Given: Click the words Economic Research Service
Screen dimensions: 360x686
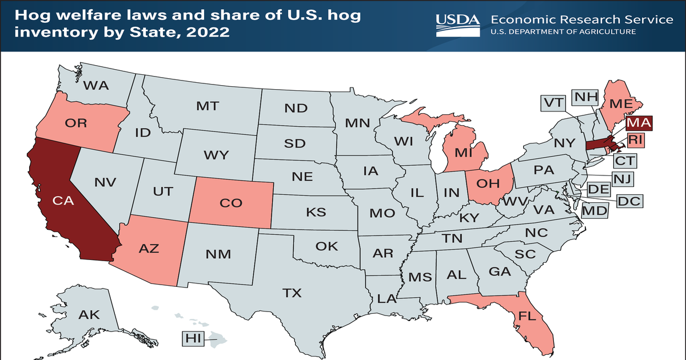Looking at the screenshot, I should pos(582,19).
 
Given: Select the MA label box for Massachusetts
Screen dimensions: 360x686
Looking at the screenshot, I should pos(638,122).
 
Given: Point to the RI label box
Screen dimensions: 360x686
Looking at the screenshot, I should pos(636,139).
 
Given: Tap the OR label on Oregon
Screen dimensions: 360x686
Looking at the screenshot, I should pos(75,123).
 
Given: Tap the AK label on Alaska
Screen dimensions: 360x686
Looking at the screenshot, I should pos(89,314).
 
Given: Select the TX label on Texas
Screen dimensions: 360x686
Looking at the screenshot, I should pos(292,293).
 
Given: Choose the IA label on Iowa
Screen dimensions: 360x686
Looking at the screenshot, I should pos(370,170).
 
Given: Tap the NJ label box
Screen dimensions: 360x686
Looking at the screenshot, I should pos(621,179).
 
